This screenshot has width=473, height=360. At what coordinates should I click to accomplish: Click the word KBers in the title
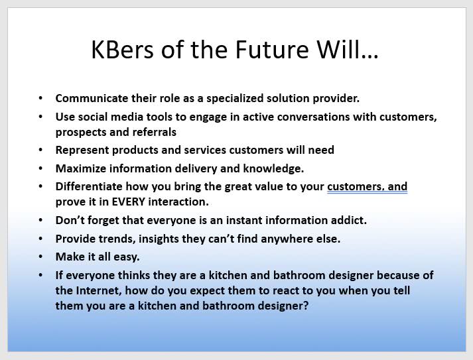(123, 50)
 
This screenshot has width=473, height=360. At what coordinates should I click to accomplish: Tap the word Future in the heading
(272, 50)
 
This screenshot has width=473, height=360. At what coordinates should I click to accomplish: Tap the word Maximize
(81, 168)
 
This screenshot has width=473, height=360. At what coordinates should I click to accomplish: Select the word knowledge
(273, 168)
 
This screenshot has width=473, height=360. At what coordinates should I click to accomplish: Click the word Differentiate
(89, 187)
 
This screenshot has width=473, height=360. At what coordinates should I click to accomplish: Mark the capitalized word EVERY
(129, 202)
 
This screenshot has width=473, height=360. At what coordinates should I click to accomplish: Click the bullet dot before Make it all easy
(40, 257)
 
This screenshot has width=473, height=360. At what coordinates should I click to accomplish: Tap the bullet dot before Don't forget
(40, 220)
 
